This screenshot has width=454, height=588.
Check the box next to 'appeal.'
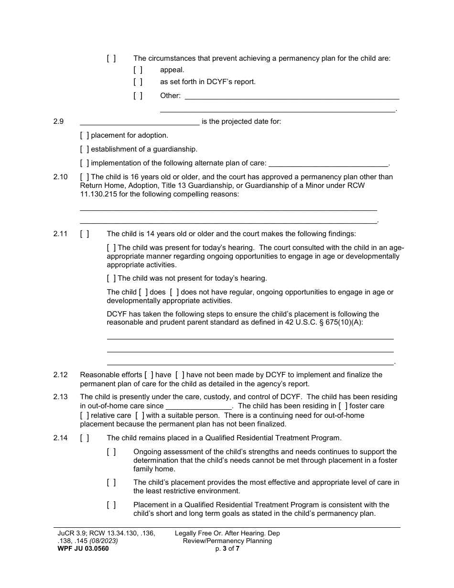point(138,70)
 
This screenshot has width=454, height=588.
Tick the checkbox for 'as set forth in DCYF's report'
point(138,82)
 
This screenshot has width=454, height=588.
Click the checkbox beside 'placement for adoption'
point(85,135)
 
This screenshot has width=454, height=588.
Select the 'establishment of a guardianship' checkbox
point(85,149)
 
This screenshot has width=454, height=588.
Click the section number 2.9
point(58,121)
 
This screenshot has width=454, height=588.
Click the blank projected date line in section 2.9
point(140,121)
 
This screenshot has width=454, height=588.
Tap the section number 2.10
point(60,177)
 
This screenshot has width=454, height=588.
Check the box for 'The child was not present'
point(111,278)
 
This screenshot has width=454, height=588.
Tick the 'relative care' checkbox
point(85,415)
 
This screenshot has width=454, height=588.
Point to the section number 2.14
point(60,437)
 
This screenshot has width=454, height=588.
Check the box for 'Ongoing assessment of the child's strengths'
point(111,452)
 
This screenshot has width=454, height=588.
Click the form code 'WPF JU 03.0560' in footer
point(82,548)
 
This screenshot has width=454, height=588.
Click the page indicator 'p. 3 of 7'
point(227,548)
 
